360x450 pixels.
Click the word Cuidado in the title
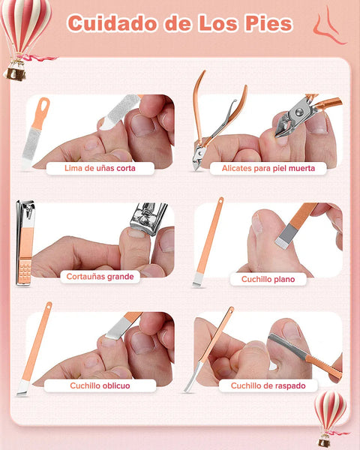(x=112, y=23)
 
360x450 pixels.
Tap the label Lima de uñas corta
(x=100, y=169)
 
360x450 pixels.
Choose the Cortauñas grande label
(x=100, y=276)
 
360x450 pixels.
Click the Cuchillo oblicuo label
(x=100, y=385)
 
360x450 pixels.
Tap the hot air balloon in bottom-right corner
(x=329, y=414)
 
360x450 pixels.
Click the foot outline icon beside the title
(x=325, y=25)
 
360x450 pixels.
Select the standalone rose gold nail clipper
(x=24, y=244)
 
